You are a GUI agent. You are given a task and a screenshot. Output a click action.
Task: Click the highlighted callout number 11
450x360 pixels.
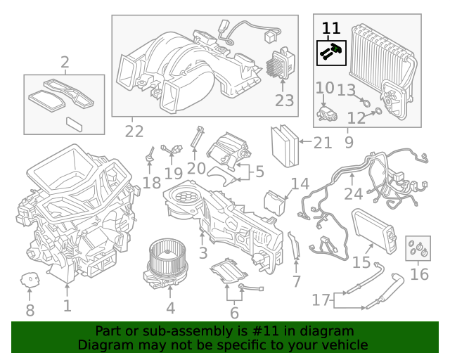pos(330,28)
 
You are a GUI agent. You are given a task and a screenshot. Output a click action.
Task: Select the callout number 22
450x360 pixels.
pos(134,131)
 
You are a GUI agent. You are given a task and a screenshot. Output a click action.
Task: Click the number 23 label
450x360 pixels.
pos(284,101)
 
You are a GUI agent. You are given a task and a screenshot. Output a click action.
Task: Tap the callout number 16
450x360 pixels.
pos(419,274)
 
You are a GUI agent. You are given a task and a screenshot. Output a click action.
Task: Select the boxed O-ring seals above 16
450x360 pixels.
pos(418,247)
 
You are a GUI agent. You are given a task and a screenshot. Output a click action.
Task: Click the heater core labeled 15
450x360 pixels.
pos(368,228)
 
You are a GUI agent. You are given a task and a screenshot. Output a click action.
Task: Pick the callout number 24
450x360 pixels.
pos(354,193)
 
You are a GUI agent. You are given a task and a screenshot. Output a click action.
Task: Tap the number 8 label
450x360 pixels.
pos(30,310)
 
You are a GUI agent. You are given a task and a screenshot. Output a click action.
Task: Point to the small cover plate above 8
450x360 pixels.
pos(30,279)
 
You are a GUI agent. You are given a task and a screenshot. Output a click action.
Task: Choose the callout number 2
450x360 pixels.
pos(65,64)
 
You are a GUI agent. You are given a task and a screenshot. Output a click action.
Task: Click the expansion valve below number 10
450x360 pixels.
pos(326,112)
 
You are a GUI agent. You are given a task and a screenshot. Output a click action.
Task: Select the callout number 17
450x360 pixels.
pos(321,300)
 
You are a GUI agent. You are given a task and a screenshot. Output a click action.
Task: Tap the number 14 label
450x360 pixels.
pos(300,184)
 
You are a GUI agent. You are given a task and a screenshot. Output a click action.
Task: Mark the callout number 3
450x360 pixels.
pos(203,252)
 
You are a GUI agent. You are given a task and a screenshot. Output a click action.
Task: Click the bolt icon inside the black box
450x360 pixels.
pos(330,51)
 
